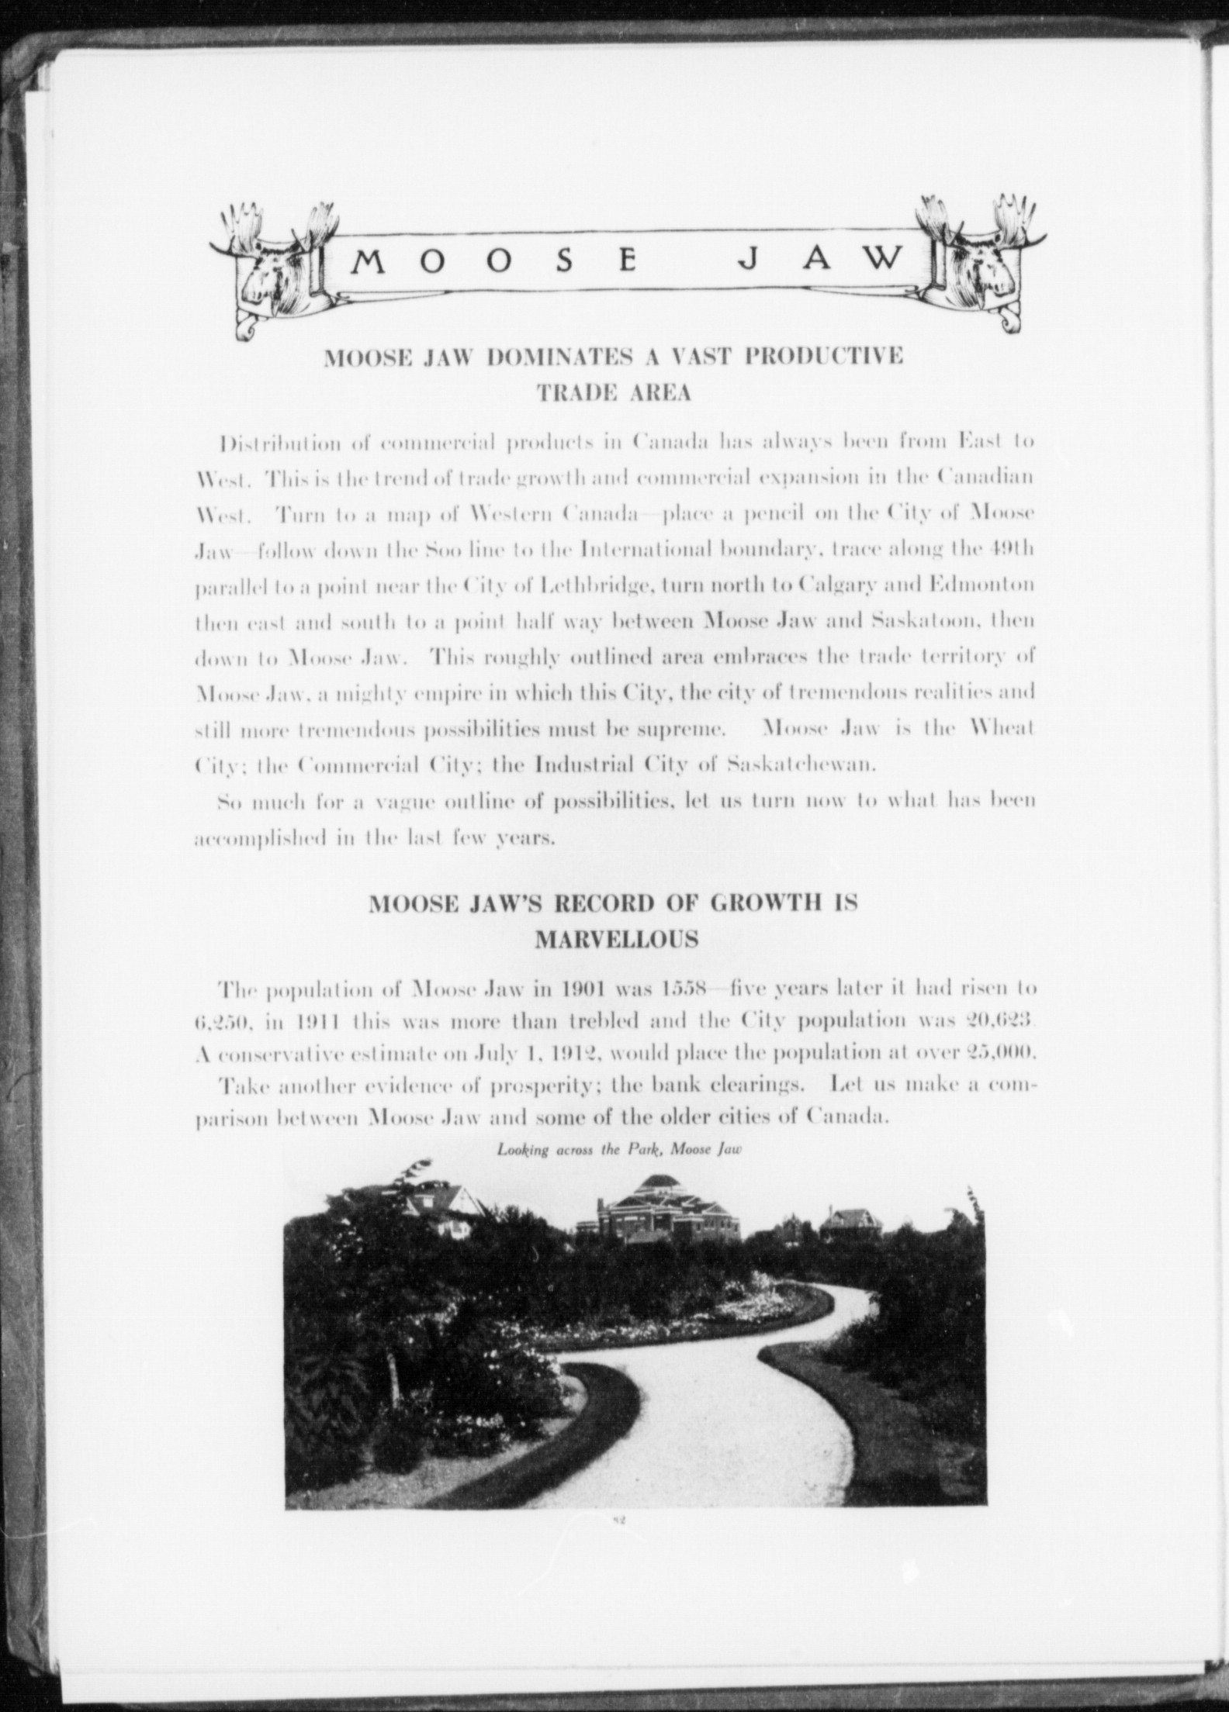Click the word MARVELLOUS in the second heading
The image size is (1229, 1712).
(x=616, y=940)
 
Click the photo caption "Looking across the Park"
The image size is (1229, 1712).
(x=578, y=1150)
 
